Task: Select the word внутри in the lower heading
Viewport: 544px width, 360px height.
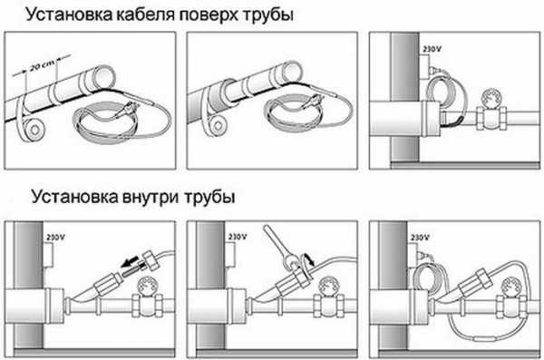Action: (151, 197)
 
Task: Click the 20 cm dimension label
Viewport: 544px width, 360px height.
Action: (42, 64)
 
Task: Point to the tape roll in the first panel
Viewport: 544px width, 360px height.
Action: (34, 129)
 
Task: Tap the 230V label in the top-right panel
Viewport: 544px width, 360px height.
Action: (432, 49)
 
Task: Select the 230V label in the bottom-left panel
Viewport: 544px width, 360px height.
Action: (55, 238)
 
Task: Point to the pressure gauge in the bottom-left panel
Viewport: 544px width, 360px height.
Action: (148, 286)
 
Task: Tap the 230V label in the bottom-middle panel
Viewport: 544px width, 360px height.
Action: (238, 237)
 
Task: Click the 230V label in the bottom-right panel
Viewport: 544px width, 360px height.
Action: (420, 238)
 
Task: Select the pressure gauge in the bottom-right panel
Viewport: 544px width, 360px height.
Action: (511, 287)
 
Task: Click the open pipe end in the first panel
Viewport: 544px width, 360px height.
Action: (105, 76)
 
